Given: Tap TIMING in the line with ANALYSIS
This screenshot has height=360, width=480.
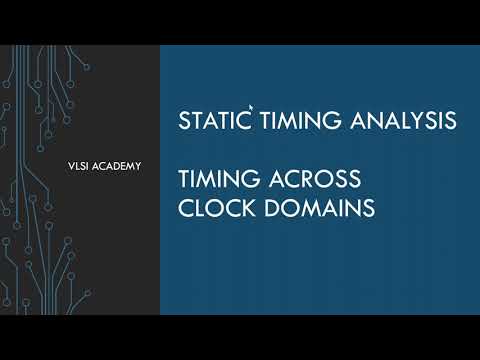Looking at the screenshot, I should [299, 121].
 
